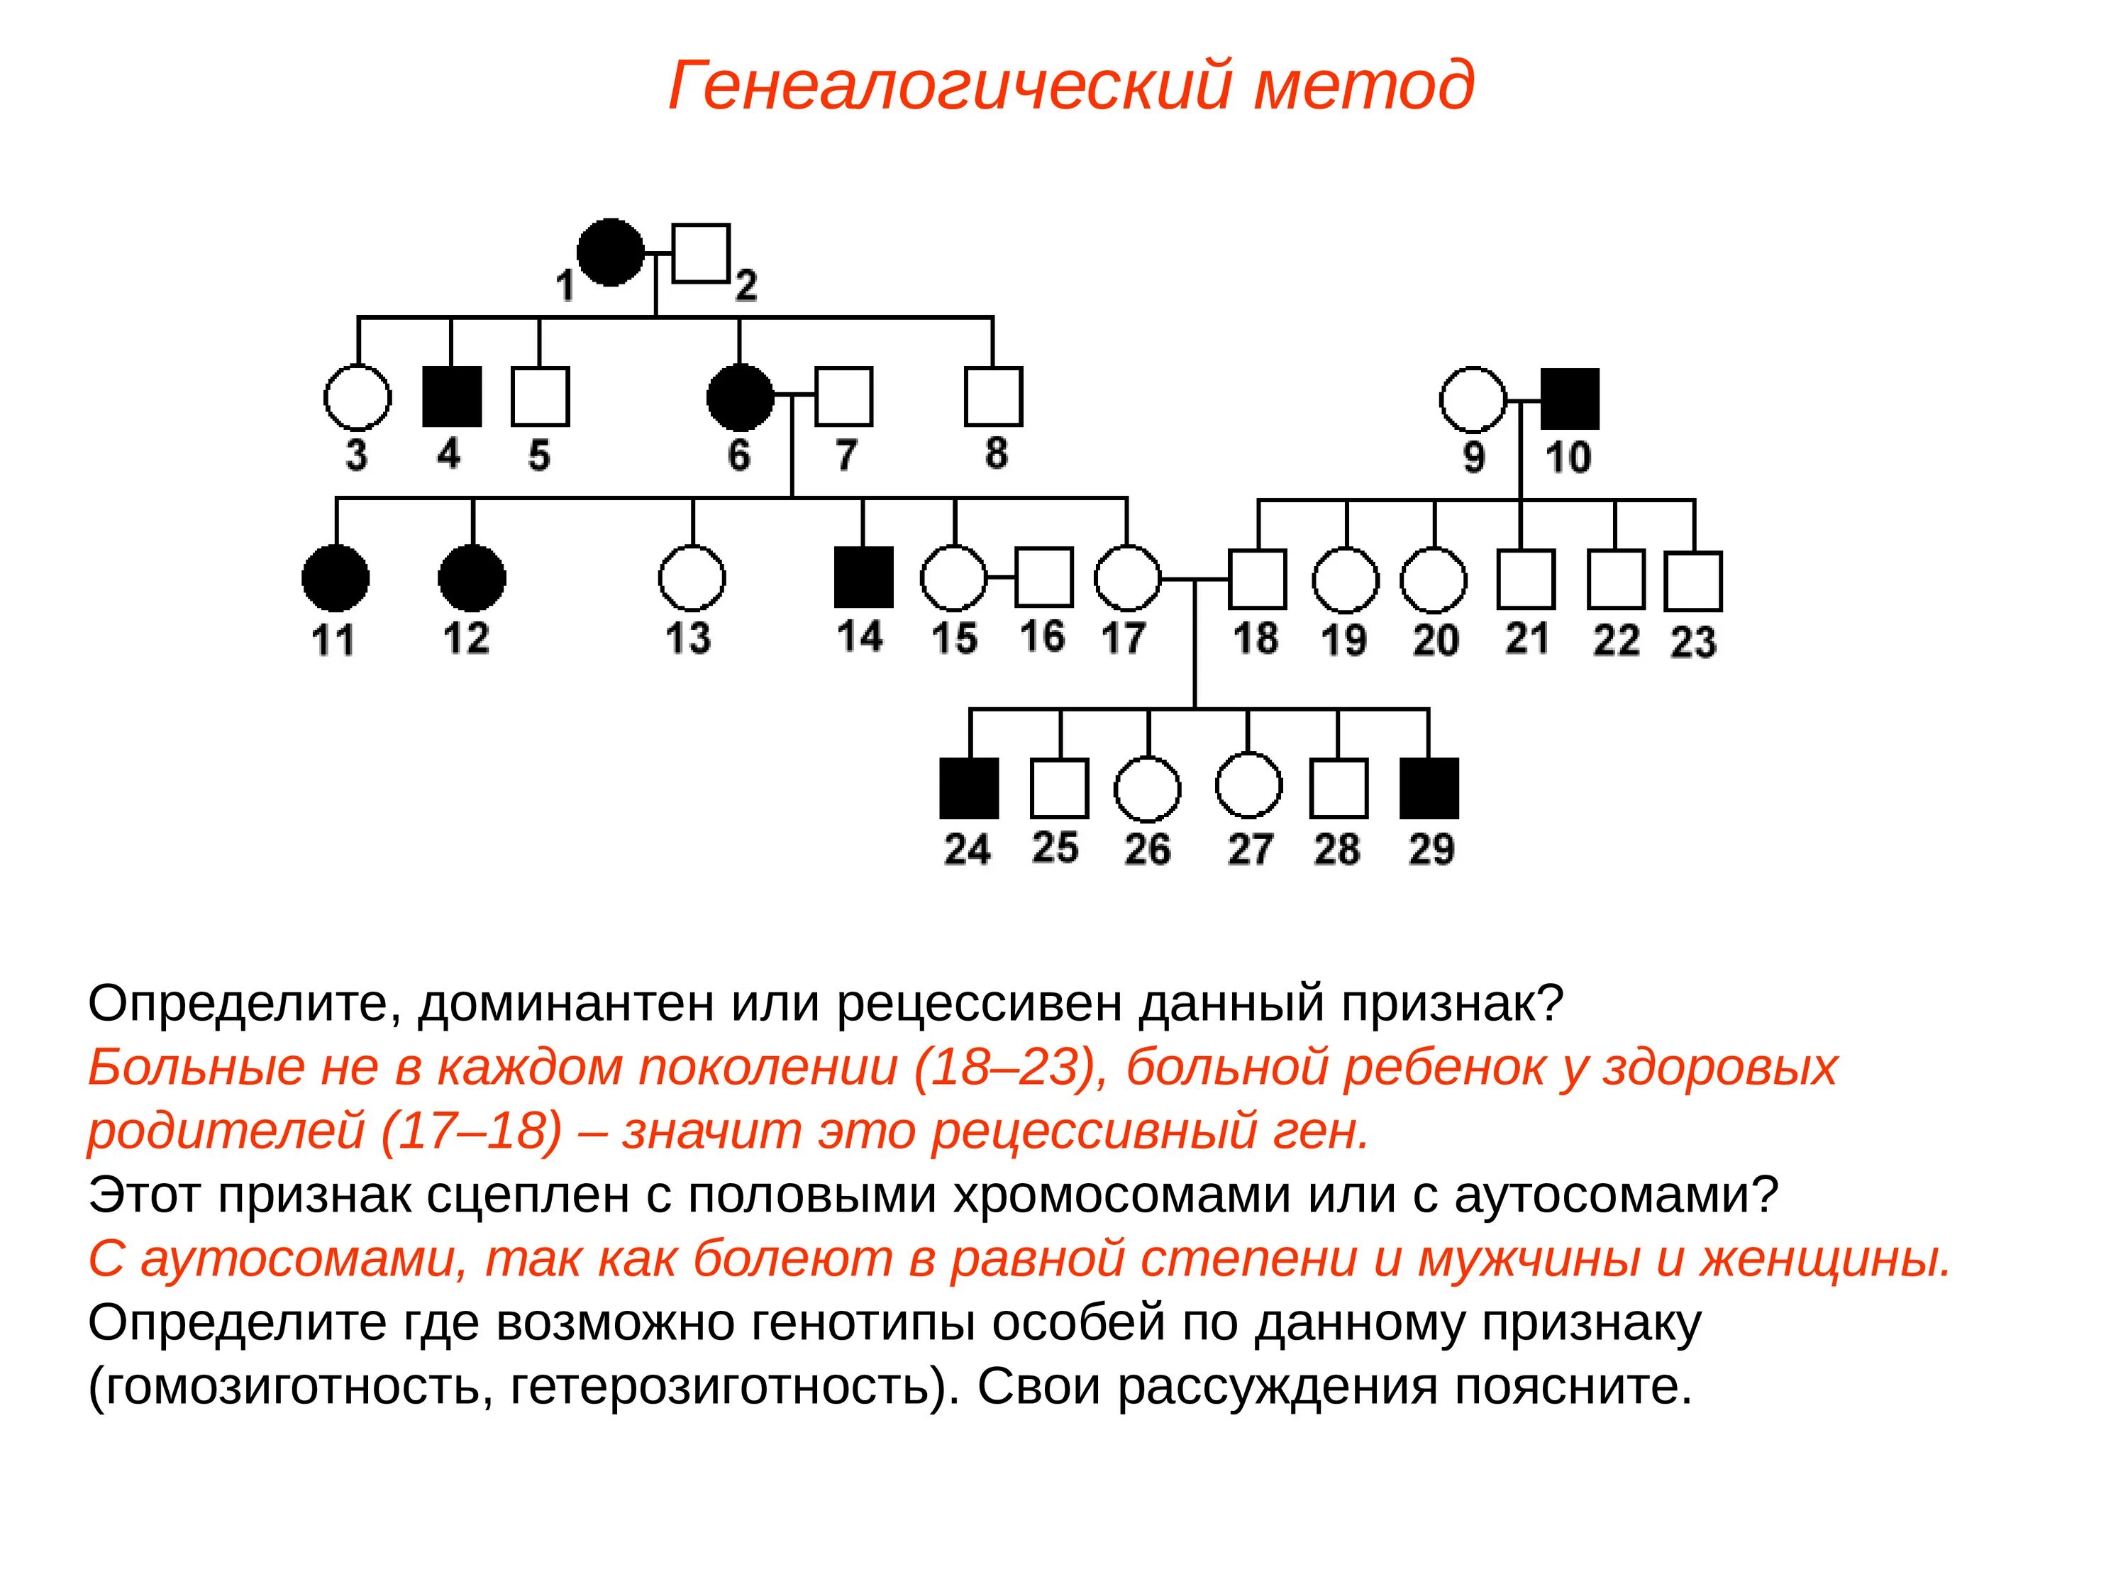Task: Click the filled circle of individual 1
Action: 611,252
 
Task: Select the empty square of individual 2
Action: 700,254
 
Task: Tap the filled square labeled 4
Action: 451,397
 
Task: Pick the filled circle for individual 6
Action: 740,397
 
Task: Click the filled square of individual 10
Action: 1570,398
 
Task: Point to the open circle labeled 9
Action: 1473,398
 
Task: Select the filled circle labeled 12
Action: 472,578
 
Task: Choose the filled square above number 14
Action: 863,577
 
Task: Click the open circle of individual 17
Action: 1128,578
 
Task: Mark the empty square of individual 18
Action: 1258,579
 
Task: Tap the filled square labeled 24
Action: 969,788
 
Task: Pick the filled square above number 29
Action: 1429,788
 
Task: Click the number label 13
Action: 689,639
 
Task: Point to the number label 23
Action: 1693,642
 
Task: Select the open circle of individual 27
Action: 1248,785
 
